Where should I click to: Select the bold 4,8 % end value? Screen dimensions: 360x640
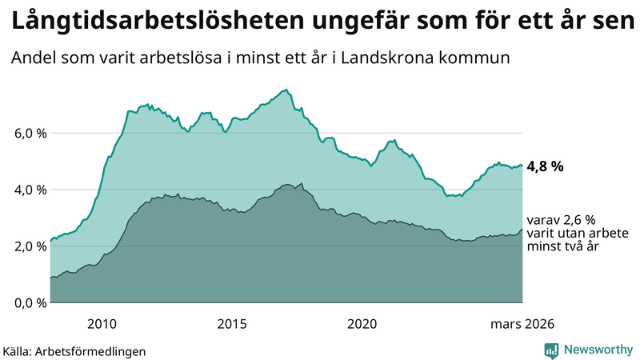(546, 167)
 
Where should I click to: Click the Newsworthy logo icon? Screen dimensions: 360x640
(552, 350)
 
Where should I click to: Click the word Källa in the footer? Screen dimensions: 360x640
(18, 350)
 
